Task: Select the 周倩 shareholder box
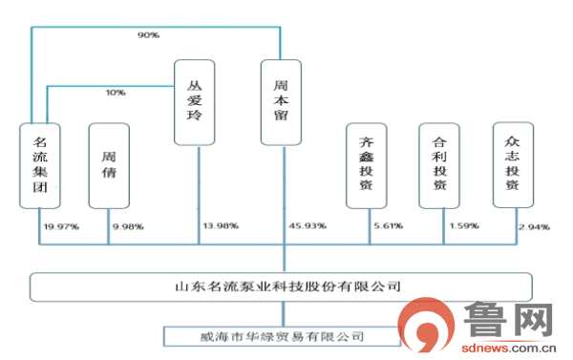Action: click(x=109, y=165)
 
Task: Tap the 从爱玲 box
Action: click(x=194, y=102)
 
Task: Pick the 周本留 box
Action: click(x=282, y=102)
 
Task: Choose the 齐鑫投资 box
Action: click(x=366, y=165)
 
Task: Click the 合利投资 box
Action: click(x=439, y=165)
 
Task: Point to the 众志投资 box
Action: click(x=512, y=165)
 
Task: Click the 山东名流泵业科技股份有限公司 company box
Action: click(x=282, y=286)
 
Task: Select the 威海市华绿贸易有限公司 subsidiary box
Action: click(x=282, y=335)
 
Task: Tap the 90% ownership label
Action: click(x=148, y=35)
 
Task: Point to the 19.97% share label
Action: click(x=60, y=226)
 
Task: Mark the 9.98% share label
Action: click(x=129, y=226)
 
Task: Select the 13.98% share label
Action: click(x=221, y=226)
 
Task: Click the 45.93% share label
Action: click(x=308, y=226)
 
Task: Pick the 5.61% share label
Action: click(x=388, y=226)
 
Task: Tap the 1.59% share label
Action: click(x=462, y=226)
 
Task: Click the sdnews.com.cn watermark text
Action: click(x=507, y=349)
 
